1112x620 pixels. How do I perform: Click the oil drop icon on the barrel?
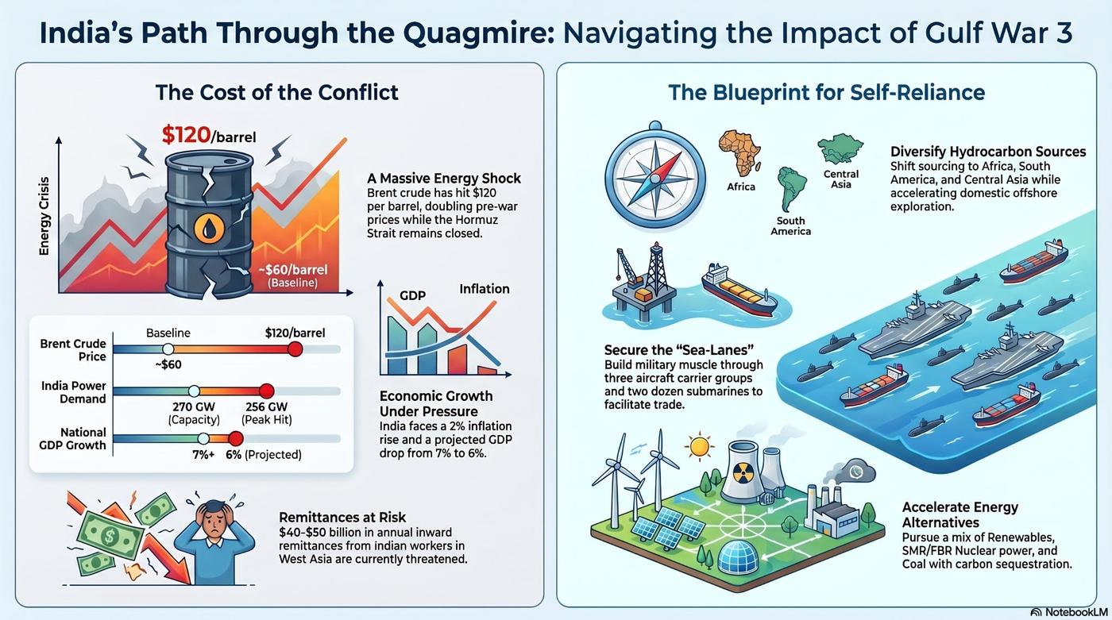[x=209, y=228]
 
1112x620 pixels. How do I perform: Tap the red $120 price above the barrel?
[x=186, y=135]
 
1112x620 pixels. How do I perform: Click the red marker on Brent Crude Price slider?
[x=295, y=349]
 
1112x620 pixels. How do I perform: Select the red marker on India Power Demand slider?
[x=267, y=391]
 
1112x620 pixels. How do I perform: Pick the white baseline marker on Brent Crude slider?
[x=168, y=349]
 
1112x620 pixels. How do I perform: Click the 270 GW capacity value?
[x=194, y=406]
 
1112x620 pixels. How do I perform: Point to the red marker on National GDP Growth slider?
[x=236, y=438]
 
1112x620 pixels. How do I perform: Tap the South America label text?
[x=791, y=226]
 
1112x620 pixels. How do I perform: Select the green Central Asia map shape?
[x=840, y=148]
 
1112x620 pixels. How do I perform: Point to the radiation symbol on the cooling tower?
[x=743, y=475]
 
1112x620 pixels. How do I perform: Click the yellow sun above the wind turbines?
[x=700, y=446]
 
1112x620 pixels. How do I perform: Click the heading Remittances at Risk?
[x=342, y=518]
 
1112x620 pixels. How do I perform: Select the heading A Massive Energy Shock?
[x=444, y=178]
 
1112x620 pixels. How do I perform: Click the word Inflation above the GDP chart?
[x=485, y=289]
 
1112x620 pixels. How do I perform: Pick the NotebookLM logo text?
[x=1072, y=612]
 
